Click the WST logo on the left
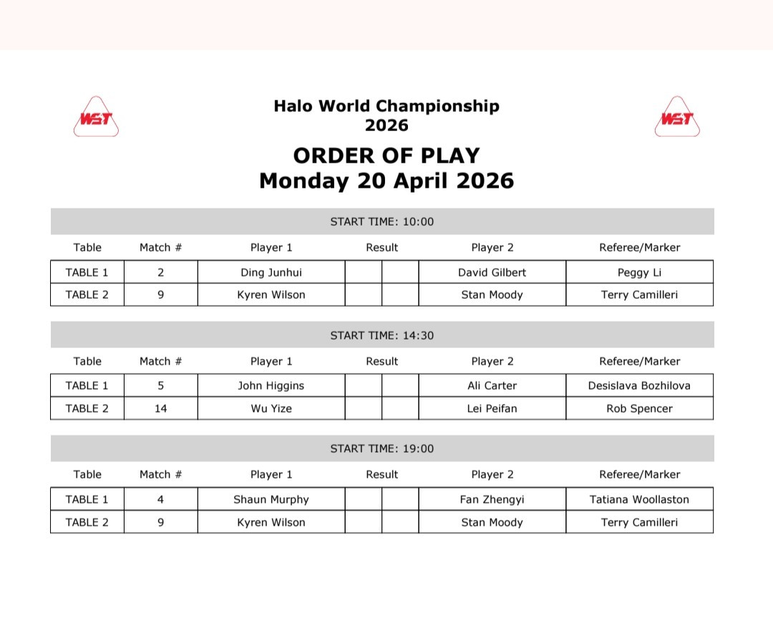pyautogui.click(x=96, y=117)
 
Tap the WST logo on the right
pyautogui.click(x=676, y=117)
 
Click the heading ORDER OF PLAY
pyautogui.click(x=386, y=156)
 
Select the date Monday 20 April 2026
pyautogui.click(x=386, y=180)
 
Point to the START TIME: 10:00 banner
pyautogui.click(x=382, y=221)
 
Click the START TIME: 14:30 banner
pyautogui.click(x=382, y=335)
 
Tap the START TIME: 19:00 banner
pyautogui.click(x=382, y=448)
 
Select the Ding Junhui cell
pyautogui.click(x=271, y=272)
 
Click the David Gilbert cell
pyautogui.click(x=492, y=272)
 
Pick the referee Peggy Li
pyautogui.click(x=639, y=272)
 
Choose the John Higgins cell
pyautogui.click(x=271, y=385)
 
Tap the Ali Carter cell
pyautogui.click(x=492, y=385)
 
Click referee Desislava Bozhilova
pyautogui.click(x=639, y=385)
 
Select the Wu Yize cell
pyautogui.click(x=271, y=408)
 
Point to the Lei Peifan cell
pyautogui.click(x=492, y=408)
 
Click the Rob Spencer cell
pyautogui.click(x=639, y=408)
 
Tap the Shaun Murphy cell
pyautogui.click(x=271, y=499)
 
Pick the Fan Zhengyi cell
pyautogui.click(x=492, y=499)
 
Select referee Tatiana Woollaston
pyautogui.click(x=639, y=499)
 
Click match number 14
pyautogui.click(x=160, y=408)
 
